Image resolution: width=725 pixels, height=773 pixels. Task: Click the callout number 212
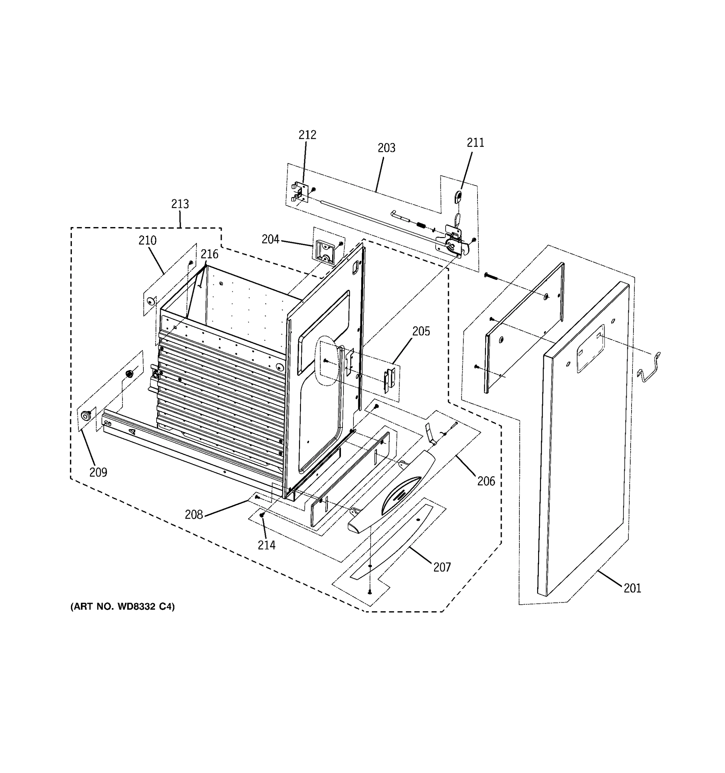point(307,135)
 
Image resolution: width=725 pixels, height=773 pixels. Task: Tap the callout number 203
point(386,148)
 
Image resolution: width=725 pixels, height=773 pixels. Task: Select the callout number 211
point(475,143)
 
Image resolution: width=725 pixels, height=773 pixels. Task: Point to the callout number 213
point(180,204)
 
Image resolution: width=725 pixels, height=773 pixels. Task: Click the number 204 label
point(270,240)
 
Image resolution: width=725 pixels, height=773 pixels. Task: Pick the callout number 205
point(421,332)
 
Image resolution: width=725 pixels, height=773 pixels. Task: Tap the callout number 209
point(98,472)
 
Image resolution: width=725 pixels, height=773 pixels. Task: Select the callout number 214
point(266,546)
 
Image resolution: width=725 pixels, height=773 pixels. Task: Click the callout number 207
point(442,567)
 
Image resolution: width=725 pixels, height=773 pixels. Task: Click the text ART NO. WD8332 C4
point(122,606)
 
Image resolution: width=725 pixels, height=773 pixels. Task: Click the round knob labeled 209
point(85,416)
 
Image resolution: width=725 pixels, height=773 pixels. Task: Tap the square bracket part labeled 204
point(324,252)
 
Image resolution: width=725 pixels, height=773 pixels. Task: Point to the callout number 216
point(209,254)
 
